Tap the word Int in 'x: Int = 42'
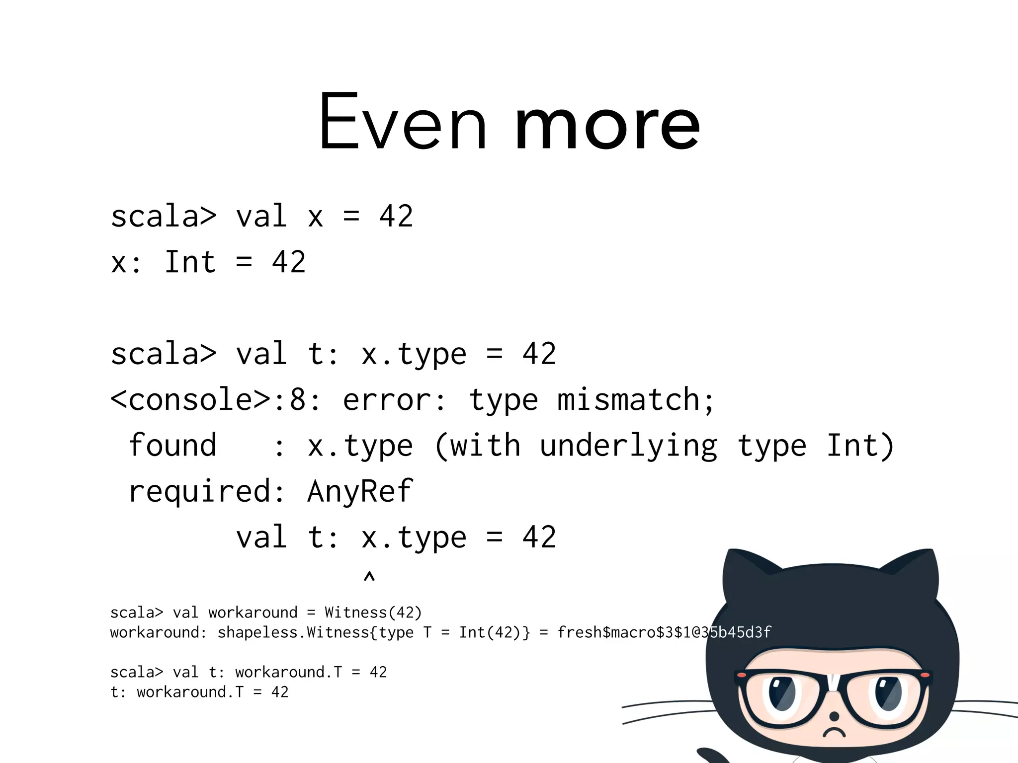(x=190, y=262)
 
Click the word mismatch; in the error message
(x=636, y=400)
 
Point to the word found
(x=172, y=446)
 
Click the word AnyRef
(x=360, y=491)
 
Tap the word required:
(x=207, y=492)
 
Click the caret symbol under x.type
(x=369, y=577)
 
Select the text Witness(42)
(x=373, y=612)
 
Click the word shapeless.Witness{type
(x=315, y=632)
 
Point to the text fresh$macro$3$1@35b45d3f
(x=664, y=632)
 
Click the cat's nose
(x=834, y=716)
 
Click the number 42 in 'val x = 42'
(x=396, y=216)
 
